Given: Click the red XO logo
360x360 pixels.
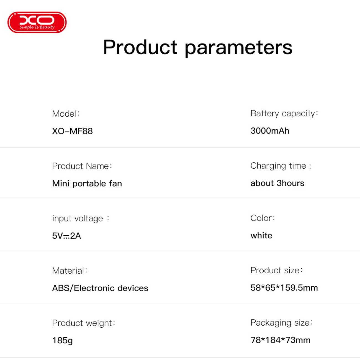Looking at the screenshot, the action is (x=37, y=22).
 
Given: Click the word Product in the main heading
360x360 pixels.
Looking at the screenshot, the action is (x=140, y=47).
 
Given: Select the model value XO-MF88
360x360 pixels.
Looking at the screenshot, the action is (x=72, y=131).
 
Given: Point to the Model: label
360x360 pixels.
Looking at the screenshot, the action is (x=66, y=114).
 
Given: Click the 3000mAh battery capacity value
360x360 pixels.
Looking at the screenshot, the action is (x=270, y=131).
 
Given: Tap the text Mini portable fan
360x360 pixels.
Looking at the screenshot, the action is (x=87, y=183).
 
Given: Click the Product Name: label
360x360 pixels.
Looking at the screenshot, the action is (x=82, y=166).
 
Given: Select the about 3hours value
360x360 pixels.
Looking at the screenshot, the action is (x=277, y=183).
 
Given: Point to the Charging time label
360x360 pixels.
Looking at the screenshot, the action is (x=281, y=166).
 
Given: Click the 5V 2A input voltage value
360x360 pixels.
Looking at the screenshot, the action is (x=66, y=236).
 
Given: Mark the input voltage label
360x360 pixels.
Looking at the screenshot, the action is (x=81, y=218).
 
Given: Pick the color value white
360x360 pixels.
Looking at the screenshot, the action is (x=261, y=235).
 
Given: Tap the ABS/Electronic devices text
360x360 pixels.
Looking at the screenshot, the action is (x=100, y=288).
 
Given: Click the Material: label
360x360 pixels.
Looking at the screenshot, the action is (x=70, y=271).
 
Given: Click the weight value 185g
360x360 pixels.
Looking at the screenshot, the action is (x=62, y=340).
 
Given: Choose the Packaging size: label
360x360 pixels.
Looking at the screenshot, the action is (x=282, y=323).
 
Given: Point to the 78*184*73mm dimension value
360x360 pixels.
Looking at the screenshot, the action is (x=281, y=340).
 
